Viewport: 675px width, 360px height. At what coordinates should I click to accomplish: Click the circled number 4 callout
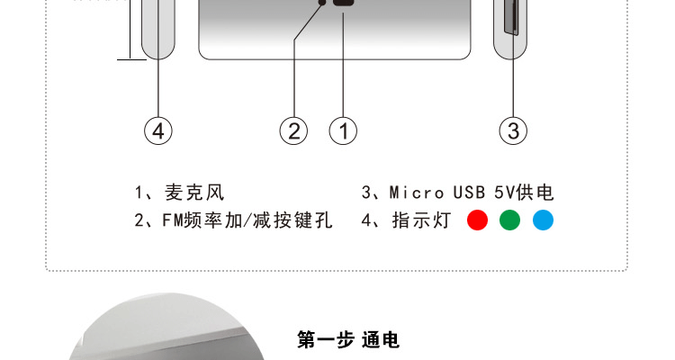coord(157,130)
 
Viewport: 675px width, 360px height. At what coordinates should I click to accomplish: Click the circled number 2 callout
coord(293,130)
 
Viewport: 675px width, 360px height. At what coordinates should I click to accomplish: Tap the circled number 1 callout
coord(343,130)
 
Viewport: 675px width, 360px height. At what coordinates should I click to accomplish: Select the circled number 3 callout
coord(512,130)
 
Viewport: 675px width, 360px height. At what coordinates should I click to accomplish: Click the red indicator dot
coord(477,220)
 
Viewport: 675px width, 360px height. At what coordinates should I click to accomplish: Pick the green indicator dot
coord(510,220)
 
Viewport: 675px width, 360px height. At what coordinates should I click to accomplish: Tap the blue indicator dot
coord(543,220)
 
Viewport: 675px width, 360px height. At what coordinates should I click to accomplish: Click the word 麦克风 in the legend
coord(194,193)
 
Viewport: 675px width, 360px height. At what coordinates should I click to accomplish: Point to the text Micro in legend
coord(416,193)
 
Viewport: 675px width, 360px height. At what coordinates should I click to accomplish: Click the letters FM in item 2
coord(173,220)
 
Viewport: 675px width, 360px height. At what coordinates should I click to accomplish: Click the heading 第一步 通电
coord(348,340)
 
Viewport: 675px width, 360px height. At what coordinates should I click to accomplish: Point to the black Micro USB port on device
coord(344,4)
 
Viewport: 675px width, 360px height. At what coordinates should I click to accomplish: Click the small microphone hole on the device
coord(322,4)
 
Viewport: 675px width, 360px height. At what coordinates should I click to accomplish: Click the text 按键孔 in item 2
coord(306,220)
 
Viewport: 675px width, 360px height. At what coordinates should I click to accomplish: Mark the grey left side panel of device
coord(157,27)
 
